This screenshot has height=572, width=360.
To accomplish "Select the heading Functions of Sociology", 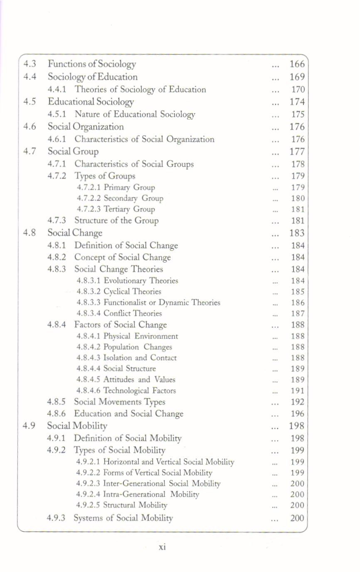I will click(92, 64).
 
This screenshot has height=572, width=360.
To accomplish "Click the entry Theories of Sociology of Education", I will click(140, 89).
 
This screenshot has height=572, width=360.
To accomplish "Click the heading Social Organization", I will click(86, 126).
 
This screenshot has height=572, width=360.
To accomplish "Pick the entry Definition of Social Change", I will click(126, 245).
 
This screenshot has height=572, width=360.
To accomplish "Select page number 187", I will click(298, 313).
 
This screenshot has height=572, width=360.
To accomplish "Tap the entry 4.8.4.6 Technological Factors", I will click(126, 391).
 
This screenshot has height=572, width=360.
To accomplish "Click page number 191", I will click(298, 391).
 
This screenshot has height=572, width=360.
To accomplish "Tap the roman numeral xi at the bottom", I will click(163, 547).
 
